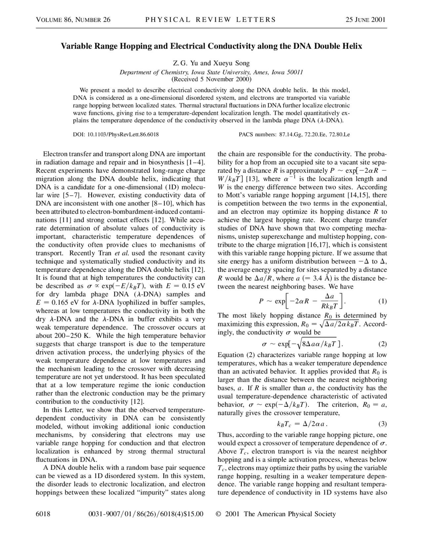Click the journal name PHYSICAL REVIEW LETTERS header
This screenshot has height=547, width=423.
[211, 19]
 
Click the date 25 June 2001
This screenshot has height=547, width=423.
[365, 19]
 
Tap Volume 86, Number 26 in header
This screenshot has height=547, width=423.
[73, 20]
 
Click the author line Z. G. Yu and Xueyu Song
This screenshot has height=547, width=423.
[211, 63]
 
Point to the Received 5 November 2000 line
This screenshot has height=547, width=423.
[211, 79]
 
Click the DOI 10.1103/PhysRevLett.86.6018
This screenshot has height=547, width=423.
[116, 134]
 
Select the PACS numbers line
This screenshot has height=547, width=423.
[294, 134]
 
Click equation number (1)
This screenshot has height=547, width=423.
[382, 301]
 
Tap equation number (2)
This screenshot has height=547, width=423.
[382, 344]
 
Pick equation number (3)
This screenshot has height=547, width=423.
[382, 424]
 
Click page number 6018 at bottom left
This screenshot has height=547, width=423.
[43, 514]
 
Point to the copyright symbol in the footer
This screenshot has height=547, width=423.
[218, 514]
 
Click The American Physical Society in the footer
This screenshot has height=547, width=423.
[290, 514]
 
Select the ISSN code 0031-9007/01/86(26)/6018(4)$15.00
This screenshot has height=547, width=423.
[146, 514]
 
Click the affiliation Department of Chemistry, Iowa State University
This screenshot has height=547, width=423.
[211, 72]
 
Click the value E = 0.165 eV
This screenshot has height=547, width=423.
[57, 303]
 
